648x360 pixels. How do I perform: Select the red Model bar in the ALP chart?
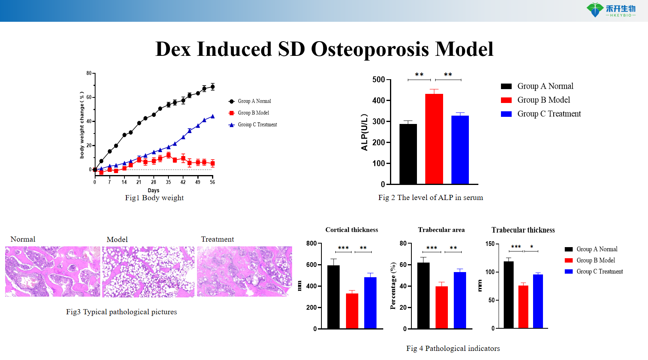click(434, 139)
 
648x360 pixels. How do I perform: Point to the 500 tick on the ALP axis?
click(378, 80)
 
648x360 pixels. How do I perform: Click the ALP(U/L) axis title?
click(364, 132)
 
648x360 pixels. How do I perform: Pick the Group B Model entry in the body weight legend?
click(253, 113)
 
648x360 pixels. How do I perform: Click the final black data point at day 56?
click(212, 87)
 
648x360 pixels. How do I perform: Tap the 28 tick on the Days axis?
click(153, 182)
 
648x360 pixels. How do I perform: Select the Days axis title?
click(153, 190)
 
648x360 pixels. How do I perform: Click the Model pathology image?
click(148, 272)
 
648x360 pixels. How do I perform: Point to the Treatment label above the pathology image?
click(217, 239)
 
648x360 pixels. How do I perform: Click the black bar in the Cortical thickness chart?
click(333, 297)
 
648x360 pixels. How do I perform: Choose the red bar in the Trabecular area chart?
click(442, 307)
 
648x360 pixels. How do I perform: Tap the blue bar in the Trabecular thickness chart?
click(538, 301)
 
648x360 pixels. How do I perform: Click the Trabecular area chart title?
click(441, 230)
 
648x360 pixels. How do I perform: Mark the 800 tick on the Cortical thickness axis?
click(312, 244)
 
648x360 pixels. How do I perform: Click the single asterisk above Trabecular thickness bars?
click(531, 247)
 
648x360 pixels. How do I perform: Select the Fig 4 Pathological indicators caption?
click(453, 349)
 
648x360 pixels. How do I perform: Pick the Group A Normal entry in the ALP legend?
click(545, 86)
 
